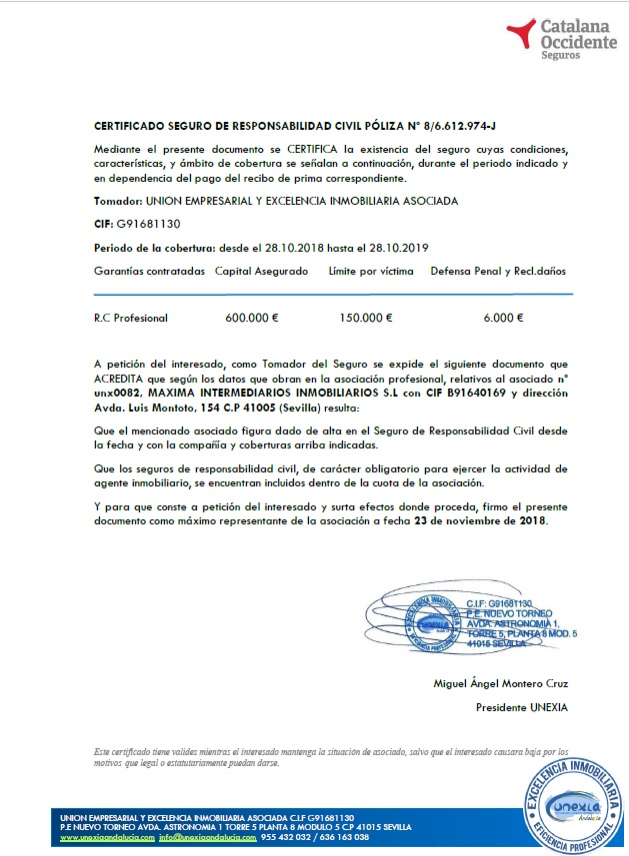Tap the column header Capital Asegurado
pyautogui.click(x=262, y=271)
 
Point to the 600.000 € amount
pyautogui.click(x=252, y=318)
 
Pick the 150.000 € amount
pyautogui.click(x=365, y=318)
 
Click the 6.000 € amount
pyautogui.click(x=503, y=318)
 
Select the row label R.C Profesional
pyautogui.click(x=131, y=318)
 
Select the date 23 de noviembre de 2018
pyautogui.click(x=484, y=521)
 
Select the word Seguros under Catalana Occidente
pyautogui.click(x=559, y=57)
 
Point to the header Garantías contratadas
pyautogui.click(x=149, y=271)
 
